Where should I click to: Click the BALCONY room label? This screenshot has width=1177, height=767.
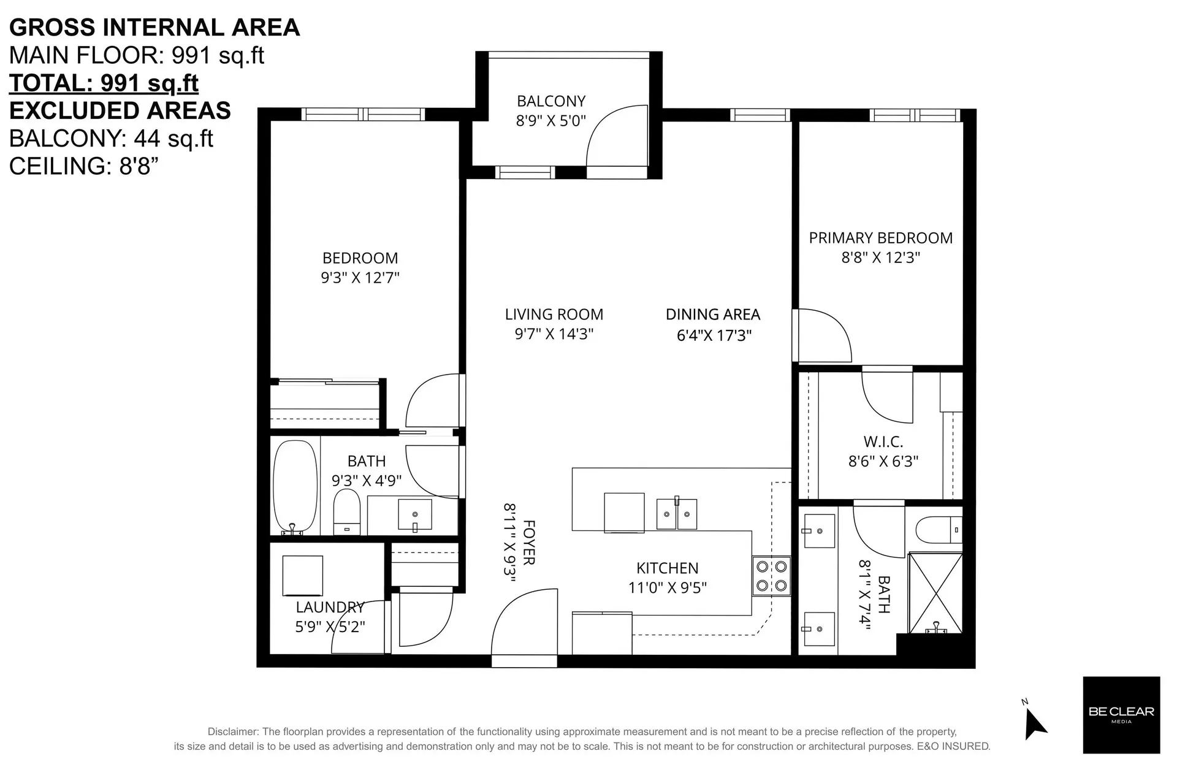click(550, 101)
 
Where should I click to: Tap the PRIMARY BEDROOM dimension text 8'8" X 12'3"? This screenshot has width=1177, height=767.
click(880, 258)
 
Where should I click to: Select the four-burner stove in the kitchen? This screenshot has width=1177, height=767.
click(771, 576)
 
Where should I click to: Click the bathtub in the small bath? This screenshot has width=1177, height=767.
click(295, 487)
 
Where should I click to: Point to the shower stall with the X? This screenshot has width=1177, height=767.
click(934, 592)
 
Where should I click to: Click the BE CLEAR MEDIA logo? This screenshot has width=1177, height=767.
click(1121, 714)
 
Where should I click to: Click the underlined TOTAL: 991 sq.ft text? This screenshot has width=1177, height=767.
click(104, 83)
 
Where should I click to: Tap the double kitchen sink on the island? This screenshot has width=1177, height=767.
click(676, 514)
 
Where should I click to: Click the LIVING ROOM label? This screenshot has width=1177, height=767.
click(554, 315)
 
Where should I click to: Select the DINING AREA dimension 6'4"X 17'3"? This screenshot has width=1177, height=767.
click(714, 335)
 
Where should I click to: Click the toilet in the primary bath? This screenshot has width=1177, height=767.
click(938, 529)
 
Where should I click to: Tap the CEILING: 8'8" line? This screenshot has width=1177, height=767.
click(80, 166)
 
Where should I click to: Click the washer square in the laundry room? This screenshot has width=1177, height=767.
click(302, 575)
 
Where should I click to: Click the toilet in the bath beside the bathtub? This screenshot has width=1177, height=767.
click(346, 513)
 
